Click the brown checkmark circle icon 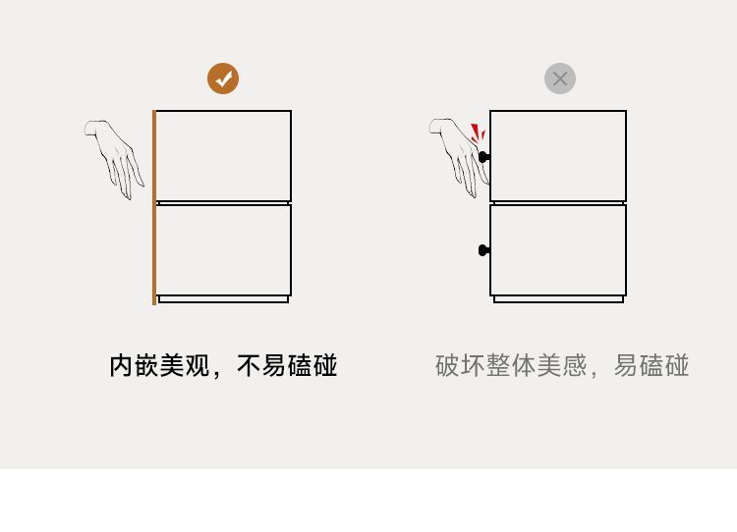coord(223,79)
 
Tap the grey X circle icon coord(560,79)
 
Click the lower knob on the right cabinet coord(483,250)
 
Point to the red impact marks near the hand coord(477,133)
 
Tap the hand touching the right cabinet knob coord(460,154)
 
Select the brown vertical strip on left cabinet coord(154,207)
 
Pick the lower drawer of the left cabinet coord(224,249)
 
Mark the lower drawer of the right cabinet coord(558,249)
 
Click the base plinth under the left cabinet coord(224,299)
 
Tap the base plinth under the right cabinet coord(558,299)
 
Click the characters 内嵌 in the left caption coord(134,366)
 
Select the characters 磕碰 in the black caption coord(312,366)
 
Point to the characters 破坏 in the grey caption coord(460,366)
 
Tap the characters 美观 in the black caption coord(185,366)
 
